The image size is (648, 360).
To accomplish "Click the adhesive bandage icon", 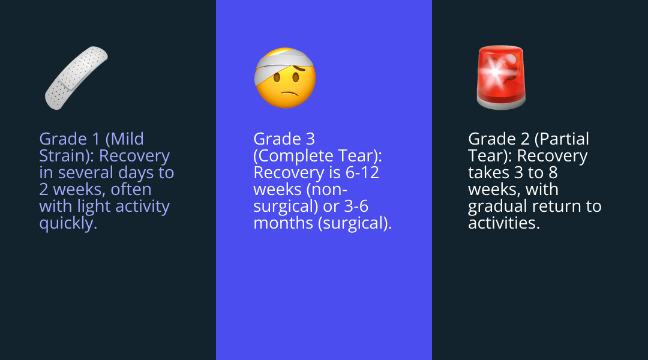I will pos(76,78).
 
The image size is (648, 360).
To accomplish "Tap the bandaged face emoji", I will pos(286,78).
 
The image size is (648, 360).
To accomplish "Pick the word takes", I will pos(490,173).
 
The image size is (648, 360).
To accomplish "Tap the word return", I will pos(560,206).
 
